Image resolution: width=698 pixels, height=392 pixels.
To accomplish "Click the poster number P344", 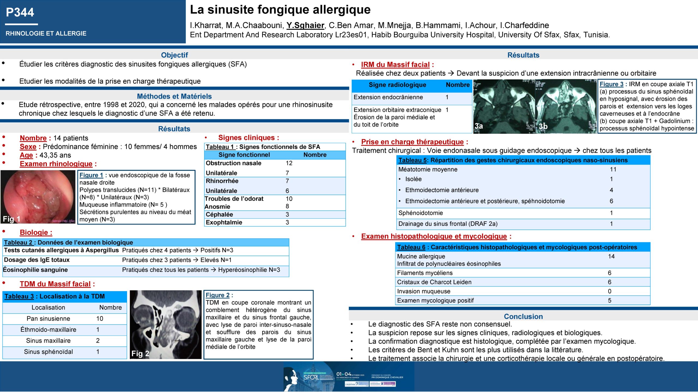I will [20, 13].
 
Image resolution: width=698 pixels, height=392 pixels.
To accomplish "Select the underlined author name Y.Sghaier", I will [305, 25].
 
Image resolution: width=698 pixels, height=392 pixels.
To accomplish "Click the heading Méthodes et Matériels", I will [174, 96].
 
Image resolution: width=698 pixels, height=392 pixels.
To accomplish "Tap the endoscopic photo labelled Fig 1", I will [38, 197].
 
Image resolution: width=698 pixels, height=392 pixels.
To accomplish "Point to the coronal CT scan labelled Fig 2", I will [166, 324].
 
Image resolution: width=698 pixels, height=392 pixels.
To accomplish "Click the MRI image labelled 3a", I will [504, 106].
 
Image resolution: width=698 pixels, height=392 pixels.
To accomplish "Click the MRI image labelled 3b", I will [566, 106].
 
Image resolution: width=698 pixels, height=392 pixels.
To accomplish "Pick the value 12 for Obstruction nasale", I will [289, 163].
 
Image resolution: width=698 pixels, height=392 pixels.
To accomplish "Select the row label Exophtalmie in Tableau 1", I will [224, 222].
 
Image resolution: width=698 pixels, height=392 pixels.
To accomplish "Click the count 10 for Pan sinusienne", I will [100, 318].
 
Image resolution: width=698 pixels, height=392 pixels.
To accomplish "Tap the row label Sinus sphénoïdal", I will [48, 352].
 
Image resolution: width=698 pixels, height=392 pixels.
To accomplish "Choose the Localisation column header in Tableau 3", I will [48, 308].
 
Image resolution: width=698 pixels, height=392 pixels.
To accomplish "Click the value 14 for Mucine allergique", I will [611, 256].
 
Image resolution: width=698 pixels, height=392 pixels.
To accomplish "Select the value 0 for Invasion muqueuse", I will [610, 291].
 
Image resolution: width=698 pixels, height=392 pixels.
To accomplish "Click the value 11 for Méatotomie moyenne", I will [613, 170].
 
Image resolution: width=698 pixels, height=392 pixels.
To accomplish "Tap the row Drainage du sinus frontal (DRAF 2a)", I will [448, 224].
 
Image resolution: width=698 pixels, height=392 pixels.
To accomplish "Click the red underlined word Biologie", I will [34, 232].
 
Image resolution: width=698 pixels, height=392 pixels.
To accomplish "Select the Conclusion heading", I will [523, 317].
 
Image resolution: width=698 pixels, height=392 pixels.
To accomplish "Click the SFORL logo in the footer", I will [311, 377].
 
